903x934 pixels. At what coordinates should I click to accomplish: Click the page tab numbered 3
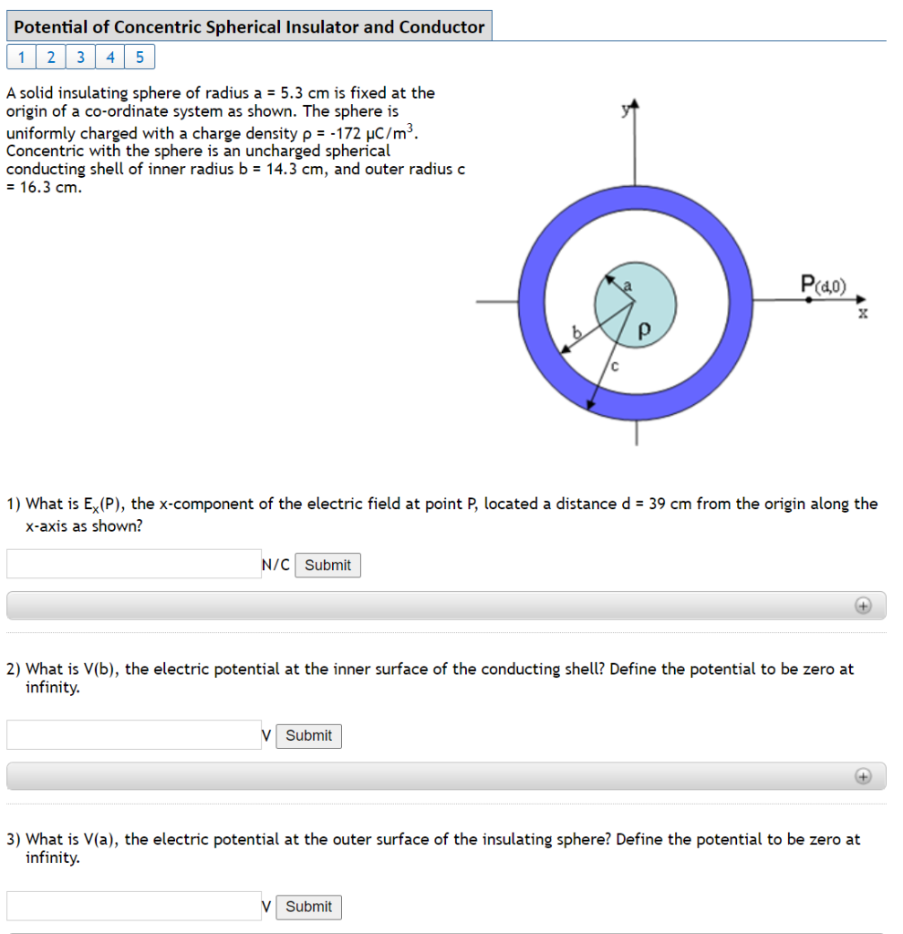click(81, 57)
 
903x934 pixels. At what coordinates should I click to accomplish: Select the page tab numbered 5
click(140, 57)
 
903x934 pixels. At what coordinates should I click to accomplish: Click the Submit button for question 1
click(327, 566)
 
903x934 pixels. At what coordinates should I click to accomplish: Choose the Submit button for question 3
click(308, 907)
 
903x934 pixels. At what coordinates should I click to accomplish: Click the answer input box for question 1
click(133, 565)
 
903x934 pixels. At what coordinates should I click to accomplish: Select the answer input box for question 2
click(133, 735)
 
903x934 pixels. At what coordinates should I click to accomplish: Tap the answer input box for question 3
click(133, 906)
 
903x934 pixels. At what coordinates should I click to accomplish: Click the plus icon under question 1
click(862, 606)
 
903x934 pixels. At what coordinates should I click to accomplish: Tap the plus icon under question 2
click(862, 776)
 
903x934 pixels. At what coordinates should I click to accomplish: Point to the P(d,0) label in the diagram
click(823, 285)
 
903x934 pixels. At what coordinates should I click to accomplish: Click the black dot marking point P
click(808, 299)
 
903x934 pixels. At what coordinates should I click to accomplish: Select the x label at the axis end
click(862, 314)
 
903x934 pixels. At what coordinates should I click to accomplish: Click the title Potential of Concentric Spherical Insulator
click(249, 26)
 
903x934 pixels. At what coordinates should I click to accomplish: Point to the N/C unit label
click(275, 566)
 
